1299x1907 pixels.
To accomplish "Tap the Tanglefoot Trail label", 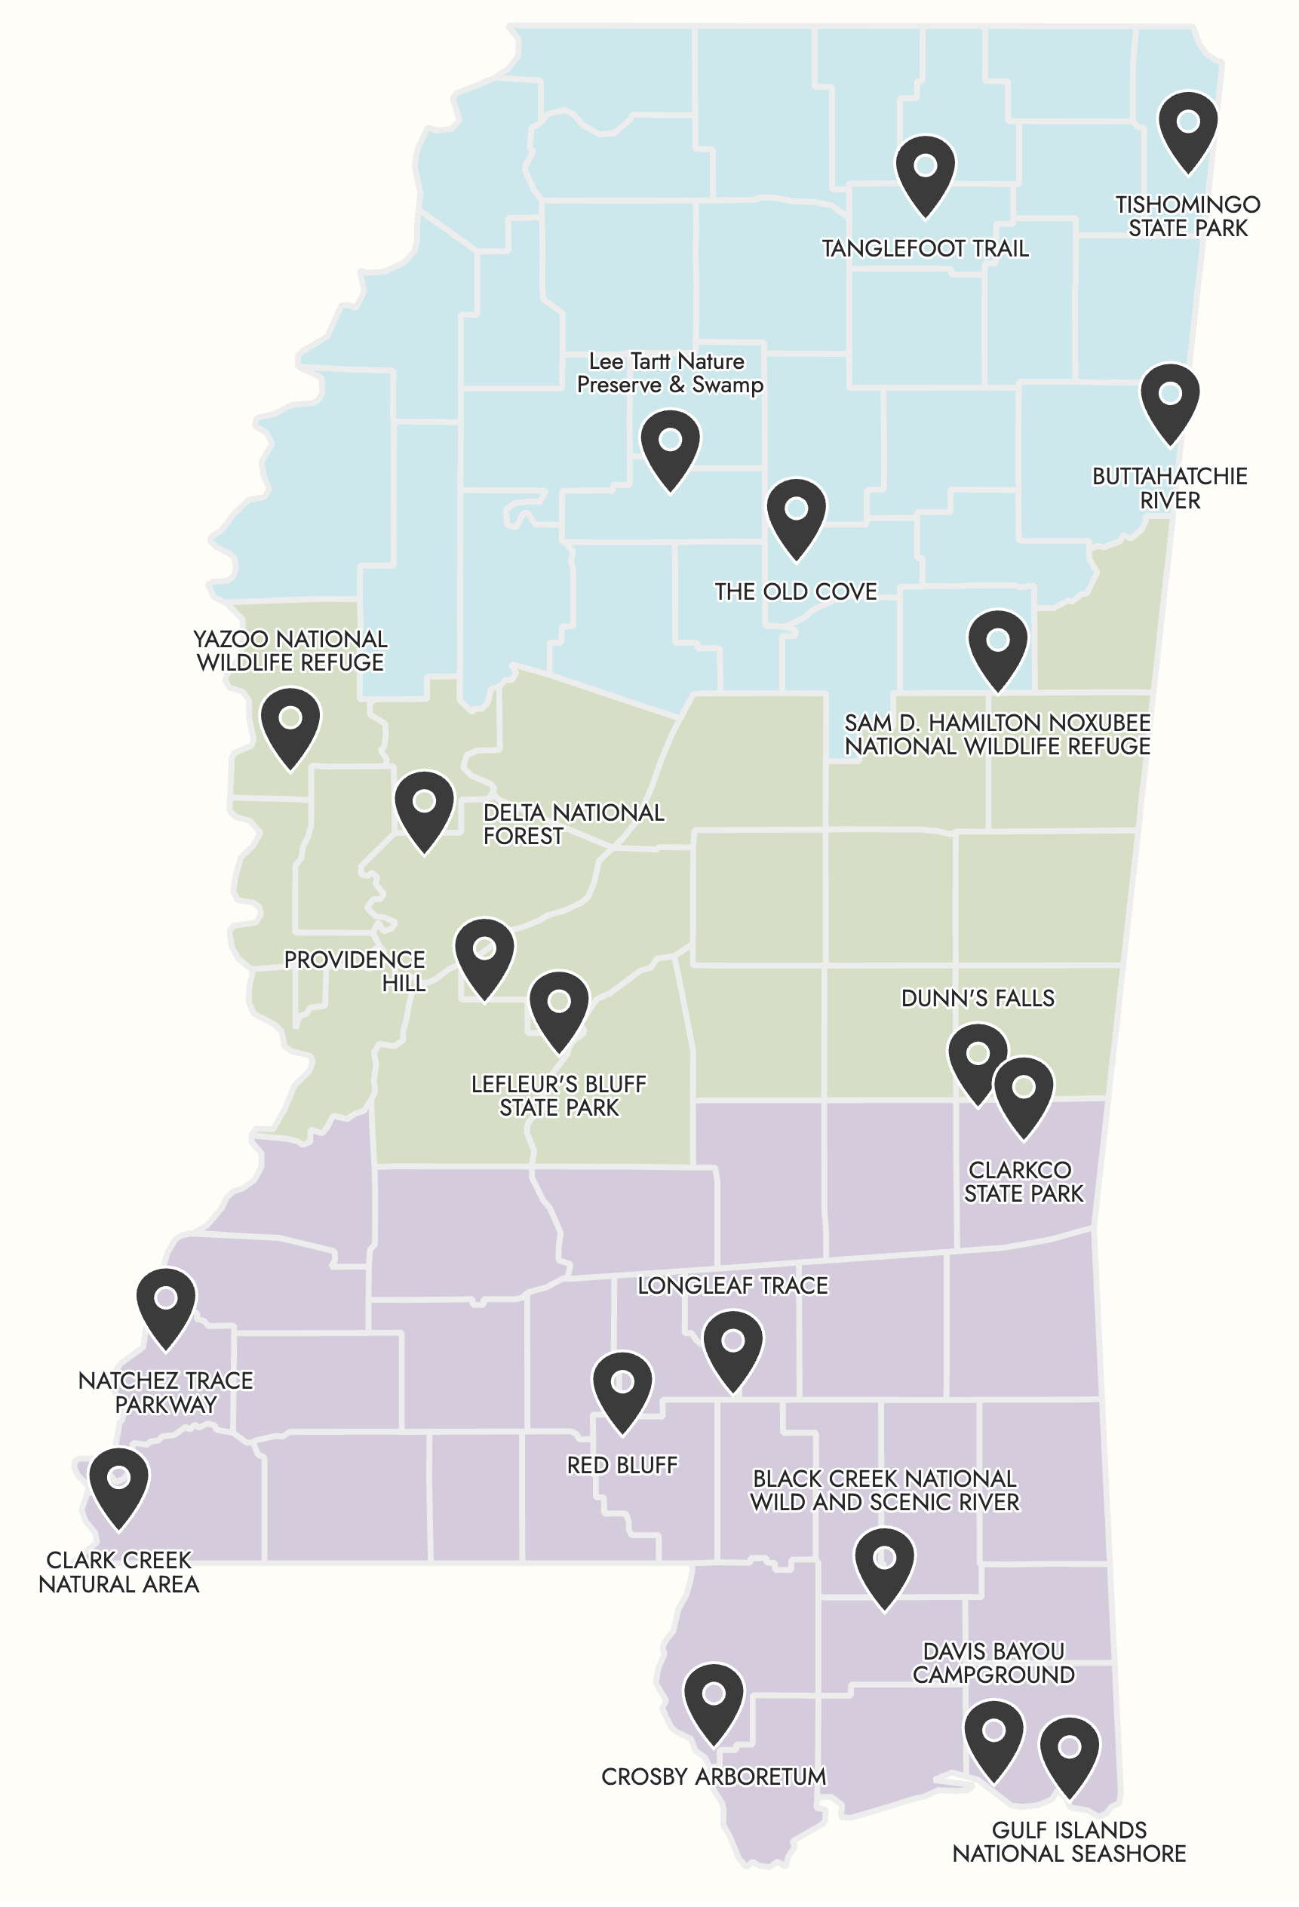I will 925,249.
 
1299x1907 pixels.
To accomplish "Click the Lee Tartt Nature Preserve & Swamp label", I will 669,373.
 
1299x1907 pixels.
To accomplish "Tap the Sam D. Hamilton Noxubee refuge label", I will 997,735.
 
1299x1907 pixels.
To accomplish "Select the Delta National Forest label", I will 573,824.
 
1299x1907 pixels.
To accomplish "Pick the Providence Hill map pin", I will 484,955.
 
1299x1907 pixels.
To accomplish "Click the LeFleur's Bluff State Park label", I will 559,1095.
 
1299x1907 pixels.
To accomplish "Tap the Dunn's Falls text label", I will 978,998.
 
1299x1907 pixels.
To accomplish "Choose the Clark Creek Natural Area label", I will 119,1571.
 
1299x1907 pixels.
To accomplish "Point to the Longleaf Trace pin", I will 732,1347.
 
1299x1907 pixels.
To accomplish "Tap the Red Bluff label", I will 622,1465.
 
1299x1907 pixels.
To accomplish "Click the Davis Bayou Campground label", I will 993,1663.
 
